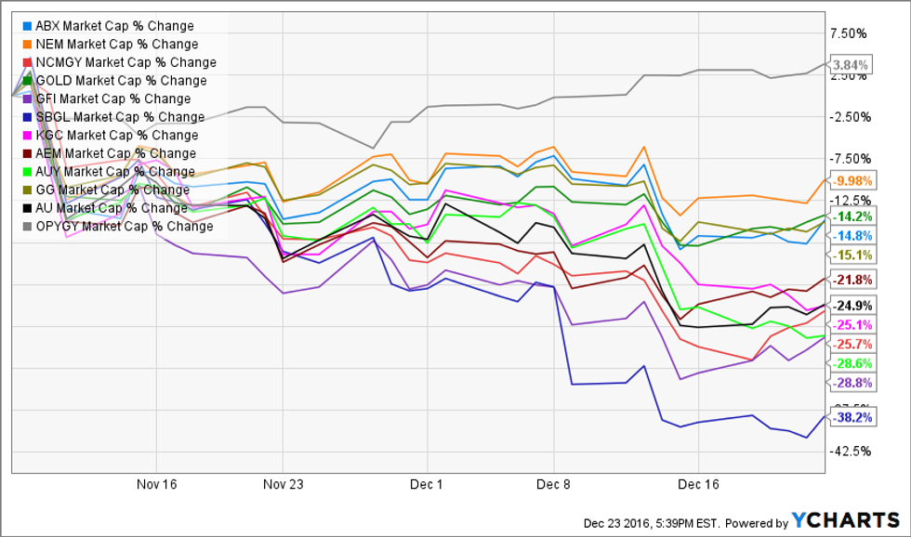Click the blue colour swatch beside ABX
pyautogui.click(x=30, y=26)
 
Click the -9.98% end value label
pyautogui.click(x=852, y=181)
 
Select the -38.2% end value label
pyautogui.click(x=852, y=418)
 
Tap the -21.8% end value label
pyautogui.click(x=852, y=280)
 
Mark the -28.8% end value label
pyautogui.click(x=852, y=383)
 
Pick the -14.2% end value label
pyautogui.click(x=852, y=216)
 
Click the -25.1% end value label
pyautogui.click(x=852, y=324)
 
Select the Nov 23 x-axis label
pyautogui.click(x=284, y=484)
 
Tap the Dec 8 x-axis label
pyautogui.click(x=554, y=484)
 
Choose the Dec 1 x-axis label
pyautogui.click(x=427, y=484)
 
